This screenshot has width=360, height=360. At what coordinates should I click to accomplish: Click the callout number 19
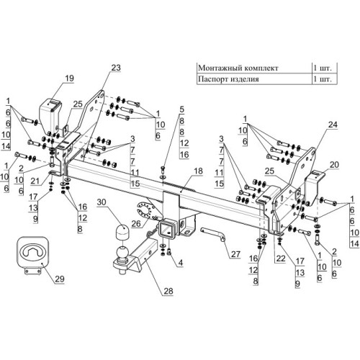point(69,78)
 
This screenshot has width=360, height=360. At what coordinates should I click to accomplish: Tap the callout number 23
point(116,68)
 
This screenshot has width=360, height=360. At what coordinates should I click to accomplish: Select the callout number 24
point(333,125)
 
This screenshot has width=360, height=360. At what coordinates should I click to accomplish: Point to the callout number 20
point(334,165)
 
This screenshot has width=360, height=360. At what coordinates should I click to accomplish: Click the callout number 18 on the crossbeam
point(198,171)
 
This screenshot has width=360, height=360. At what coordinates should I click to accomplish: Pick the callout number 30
point(102,202)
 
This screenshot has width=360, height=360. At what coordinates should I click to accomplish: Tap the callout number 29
point(60,279)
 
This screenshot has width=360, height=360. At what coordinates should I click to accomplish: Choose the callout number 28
point(168,291)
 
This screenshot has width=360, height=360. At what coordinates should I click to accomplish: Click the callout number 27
point(235,254)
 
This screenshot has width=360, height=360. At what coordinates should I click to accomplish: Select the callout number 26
point(136,224)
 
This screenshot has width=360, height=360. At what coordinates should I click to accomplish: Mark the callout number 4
point(181,263)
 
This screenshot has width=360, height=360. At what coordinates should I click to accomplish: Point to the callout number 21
point(35,181)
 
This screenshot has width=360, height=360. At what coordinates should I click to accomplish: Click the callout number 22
point(281,258)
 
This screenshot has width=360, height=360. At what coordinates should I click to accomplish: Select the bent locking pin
point(213,234)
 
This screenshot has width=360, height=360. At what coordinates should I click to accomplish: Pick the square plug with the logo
point(32,252)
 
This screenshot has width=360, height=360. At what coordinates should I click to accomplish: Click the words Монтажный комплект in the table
point(238,68)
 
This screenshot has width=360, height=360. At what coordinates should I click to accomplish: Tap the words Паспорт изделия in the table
point(228,79)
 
